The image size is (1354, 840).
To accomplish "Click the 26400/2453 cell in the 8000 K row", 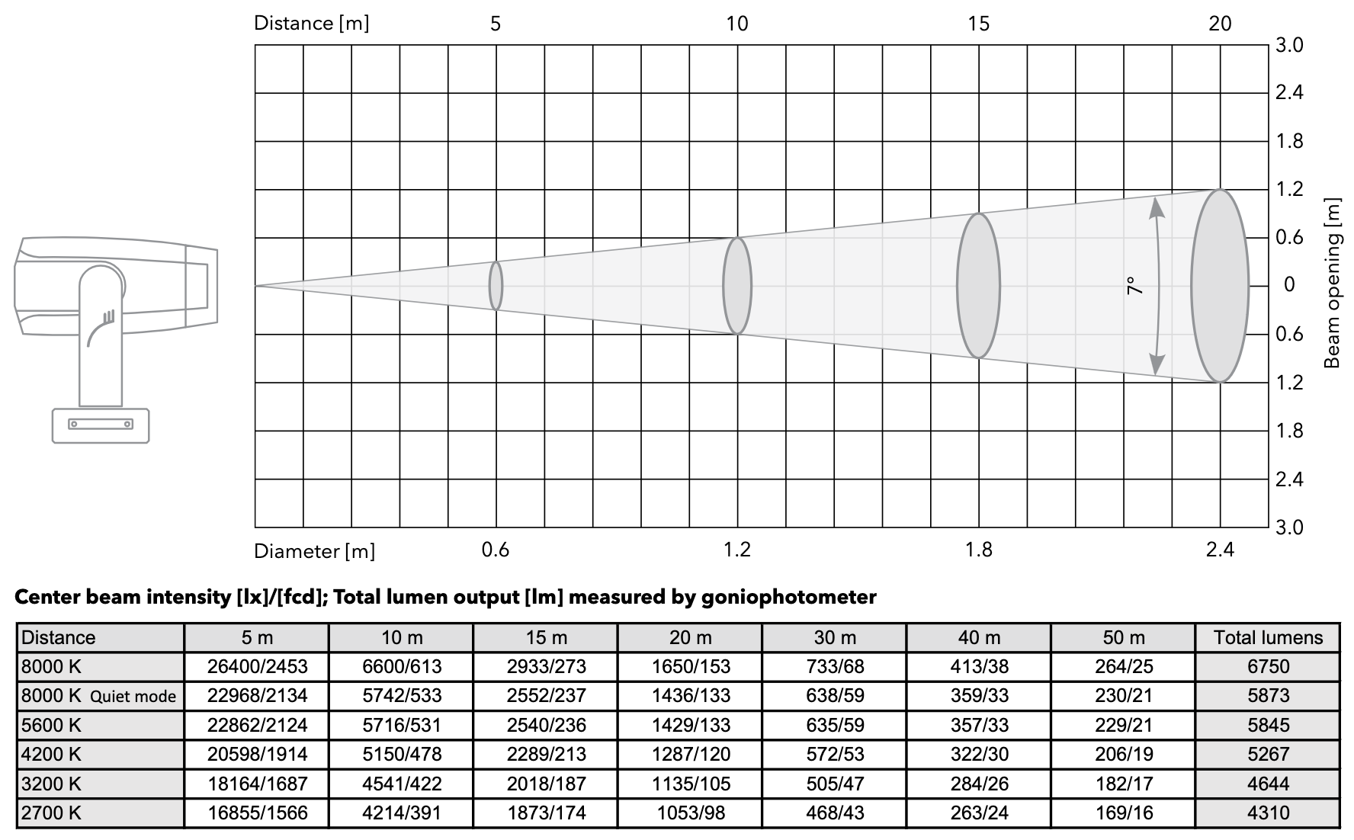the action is [257, 666].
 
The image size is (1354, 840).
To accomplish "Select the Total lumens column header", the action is [1268, 637].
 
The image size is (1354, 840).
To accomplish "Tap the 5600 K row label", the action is [51, 725].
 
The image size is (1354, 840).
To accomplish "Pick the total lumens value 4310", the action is [1268, 813].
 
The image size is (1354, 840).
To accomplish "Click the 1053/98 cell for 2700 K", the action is [690, 813].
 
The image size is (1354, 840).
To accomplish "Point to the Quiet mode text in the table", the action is [133, 696].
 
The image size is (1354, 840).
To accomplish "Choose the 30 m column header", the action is [835, 637].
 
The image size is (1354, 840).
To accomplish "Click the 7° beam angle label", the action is [1134, 286].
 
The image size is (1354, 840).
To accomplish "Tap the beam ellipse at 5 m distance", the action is [496, 286].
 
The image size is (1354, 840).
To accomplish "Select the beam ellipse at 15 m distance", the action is [978, 286].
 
